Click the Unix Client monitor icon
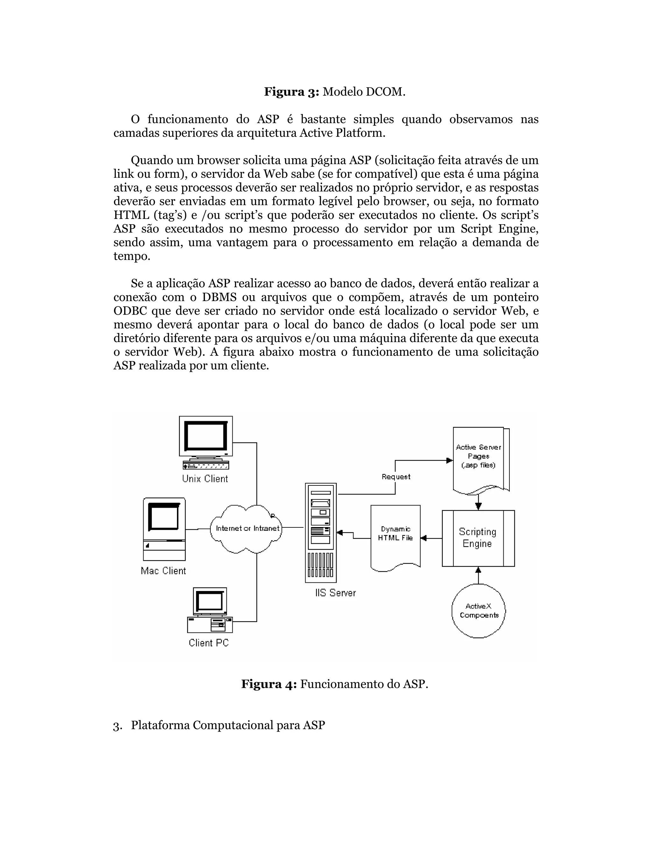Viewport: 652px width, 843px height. point(205,442)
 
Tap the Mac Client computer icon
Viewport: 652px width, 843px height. point(164,529)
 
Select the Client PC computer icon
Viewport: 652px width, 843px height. point(210,610)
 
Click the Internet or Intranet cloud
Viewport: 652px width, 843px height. point(247,528)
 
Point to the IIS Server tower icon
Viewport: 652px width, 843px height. point(321,533)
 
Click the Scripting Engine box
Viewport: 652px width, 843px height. point(478,538)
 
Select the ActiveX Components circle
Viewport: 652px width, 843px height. point(478,611)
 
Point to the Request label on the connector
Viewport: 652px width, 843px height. point(396,477)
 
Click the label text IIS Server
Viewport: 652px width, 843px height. point(335,593)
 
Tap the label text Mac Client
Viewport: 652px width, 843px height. point(163,571)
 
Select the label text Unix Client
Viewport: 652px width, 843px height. point(205,479)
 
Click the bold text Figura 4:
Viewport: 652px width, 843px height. point(269,684)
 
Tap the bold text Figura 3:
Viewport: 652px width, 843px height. point(291,92)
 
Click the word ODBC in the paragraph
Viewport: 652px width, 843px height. point(130,311)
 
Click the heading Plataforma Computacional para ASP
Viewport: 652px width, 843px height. point(228,725)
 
